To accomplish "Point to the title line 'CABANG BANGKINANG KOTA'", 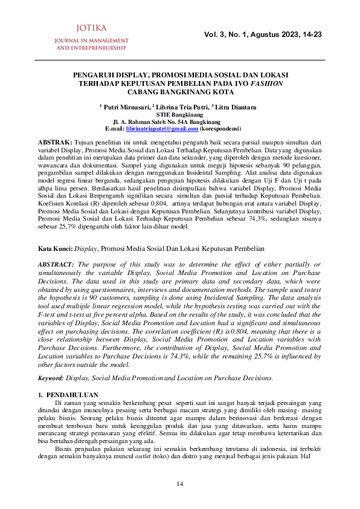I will click(179, 92).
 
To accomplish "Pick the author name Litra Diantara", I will click(236, 107).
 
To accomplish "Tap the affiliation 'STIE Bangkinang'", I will click(179, 114).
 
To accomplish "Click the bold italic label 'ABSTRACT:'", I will click(57, 265).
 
